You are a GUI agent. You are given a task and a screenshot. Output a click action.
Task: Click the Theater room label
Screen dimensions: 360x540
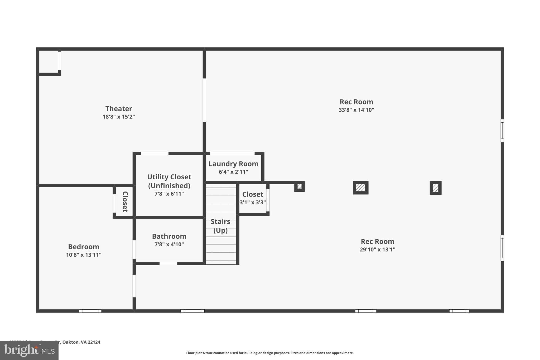[119, 109]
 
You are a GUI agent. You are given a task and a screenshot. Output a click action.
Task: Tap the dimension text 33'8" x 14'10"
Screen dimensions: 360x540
[356, 110]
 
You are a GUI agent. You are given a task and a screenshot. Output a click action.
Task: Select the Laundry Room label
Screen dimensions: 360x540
[233, 164]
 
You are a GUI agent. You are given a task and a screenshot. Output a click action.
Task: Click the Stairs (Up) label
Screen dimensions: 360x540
[220, 226]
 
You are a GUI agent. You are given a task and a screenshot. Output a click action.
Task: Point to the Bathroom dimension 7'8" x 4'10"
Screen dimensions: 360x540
[169, 244]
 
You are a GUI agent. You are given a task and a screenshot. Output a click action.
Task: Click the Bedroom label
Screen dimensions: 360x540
[84, 247]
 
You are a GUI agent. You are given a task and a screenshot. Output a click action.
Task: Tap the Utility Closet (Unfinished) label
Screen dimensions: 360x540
[169, 181]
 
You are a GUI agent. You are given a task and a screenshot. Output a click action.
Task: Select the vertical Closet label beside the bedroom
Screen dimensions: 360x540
[125, 202]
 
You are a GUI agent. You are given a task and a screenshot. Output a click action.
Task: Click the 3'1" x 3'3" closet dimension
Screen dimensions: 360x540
[253, 203]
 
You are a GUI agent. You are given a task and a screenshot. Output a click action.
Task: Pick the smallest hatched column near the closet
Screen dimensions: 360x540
[299, 186]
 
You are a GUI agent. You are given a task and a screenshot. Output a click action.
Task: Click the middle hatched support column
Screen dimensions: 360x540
[360, 188]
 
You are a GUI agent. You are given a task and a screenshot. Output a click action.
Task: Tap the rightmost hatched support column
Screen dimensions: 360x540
[436, 188]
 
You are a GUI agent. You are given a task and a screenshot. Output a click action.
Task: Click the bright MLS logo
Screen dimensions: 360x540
[29, 351]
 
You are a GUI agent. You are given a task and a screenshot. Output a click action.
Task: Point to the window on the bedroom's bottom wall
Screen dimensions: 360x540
[90, 311]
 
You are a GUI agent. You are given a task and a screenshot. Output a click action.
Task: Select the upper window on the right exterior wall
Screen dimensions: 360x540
[502, 131]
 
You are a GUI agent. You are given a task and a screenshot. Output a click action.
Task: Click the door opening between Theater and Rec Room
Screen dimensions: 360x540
[204, 100]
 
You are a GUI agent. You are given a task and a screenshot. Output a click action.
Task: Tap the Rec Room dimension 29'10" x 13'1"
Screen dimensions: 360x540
[377, 249]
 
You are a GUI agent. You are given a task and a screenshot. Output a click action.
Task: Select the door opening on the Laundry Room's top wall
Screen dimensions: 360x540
[232, 153]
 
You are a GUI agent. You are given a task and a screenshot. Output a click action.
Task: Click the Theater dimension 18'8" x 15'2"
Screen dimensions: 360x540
[119, 117]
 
